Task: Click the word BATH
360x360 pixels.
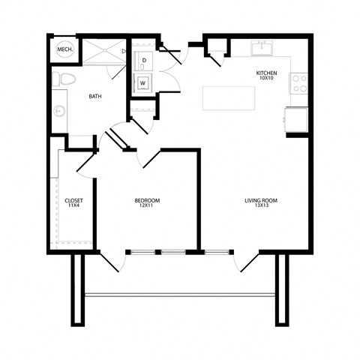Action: click(x=95, y=96)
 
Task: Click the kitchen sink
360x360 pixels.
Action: click(x=265, y=49)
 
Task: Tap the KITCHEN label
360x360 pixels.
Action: click(x=266, y=73)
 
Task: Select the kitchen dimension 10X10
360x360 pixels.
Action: click(x=266, y=79)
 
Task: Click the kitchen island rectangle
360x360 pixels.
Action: click(x=235, y=96)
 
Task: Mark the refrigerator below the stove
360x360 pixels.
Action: click(x=295, y=118)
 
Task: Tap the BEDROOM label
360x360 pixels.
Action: click(x=148, y=200)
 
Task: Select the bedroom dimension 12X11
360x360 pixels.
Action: click(x=148, y=207)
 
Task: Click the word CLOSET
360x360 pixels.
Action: click(x=73, y=200)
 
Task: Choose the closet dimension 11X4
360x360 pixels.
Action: click(x=73, y=207)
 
